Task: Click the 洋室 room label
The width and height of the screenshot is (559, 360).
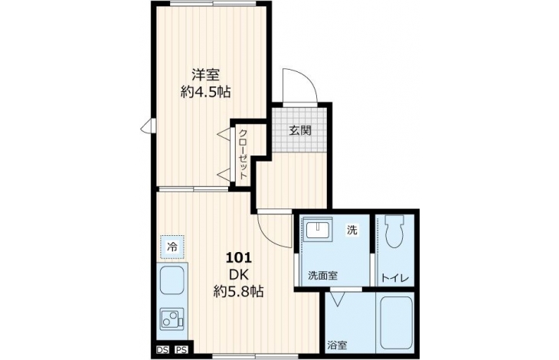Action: coord(205,75)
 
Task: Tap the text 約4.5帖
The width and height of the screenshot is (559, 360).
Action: coord(205,93)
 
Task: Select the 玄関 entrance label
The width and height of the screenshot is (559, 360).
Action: coord(300,130)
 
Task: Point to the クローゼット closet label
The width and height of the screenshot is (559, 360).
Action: coord(243,154)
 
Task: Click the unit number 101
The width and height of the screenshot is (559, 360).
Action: coord(238,257)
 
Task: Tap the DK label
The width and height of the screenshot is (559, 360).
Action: coord(238,274)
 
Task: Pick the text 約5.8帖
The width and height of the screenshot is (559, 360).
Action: coord(238,292)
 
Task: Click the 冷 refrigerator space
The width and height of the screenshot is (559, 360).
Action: coord(172,247)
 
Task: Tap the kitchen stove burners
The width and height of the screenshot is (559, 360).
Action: coord(172,319)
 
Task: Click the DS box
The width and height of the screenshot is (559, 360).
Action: coord(162,350)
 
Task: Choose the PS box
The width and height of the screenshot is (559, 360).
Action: coord(181,350)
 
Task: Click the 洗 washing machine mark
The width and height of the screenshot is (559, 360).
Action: coord(352,231)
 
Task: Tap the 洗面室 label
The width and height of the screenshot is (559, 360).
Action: coord(323,276)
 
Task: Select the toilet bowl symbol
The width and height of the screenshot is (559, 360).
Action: coord(394,231)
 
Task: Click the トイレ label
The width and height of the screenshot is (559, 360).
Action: coord(394,278)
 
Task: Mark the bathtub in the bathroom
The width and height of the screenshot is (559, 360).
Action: coord(396,323)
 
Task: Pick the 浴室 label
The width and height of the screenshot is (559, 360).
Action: coord(337,345)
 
